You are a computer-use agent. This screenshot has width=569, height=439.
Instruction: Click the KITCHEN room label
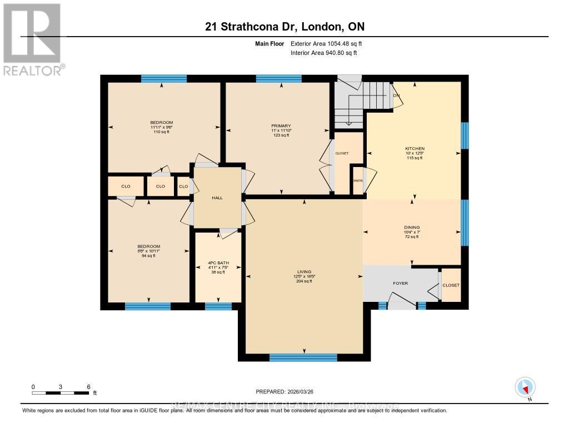[x=415, y=149]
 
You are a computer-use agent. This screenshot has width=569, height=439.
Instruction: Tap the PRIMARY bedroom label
[x=281, y=126]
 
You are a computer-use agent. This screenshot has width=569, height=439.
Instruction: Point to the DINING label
[x=412, y=227]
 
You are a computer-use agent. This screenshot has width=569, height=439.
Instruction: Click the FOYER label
[x=400, y=284]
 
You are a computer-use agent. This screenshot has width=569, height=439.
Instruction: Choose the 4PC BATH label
[x=217, y=263]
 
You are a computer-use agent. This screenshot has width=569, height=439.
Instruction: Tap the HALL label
[x=217, y=198]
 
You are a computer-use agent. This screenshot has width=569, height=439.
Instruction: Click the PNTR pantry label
[x=358, y=181]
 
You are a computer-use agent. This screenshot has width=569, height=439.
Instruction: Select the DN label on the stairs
[x=397, y=95]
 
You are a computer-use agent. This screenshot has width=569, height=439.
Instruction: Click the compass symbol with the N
[x=525, y=387]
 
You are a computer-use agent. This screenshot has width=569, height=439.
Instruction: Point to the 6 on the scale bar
[x=88, y=386]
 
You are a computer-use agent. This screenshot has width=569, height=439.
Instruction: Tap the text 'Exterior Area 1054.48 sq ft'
[x=327, y=43]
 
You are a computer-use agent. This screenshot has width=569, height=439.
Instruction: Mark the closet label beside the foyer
[x=451, y=285]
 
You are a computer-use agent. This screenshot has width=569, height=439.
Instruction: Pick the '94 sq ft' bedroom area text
[x=149, y=256]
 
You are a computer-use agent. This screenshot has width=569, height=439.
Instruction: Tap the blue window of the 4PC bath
[x=218, y=306]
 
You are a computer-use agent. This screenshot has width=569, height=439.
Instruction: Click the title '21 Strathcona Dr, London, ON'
[x=284, y=27]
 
